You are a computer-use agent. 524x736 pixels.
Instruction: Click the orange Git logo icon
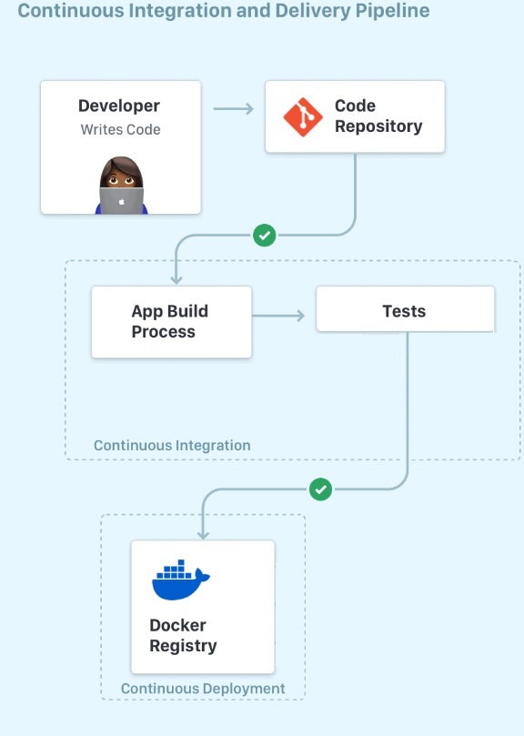click(x=303, y=116)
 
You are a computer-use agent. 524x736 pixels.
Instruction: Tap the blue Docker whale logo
click(x=181, y=580)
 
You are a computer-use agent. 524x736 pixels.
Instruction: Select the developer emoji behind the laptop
click(x=122, y=186)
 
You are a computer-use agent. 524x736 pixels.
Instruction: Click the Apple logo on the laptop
click(x=122, y=202)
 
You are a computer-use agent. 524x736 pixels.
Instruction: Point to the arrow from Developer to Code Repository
click(x=234, y=109)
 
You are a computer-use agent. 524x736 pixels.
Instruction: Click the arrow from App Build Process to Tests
click(x=278, y=316)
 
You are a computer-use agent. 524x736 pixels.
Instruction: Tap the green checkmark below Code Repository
click(x=265, y=235)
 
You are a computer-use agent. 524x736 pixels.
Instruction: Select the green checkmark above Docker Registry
click(x=321, y=489)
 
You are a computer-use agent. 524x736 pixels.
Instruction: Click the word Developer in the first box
click(x=119, y=106)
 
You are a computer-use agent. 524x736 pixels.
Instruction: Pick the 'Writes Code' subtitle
click(x=121, y=129)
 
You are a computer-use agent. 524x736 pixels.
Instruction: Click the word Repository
click(x=378, y=126)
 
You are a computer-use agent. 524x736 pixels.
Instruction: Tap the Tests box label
click(x=404, y=311)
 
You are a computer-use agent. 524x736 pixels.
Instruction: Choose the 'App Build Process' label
click(x=169, y=321)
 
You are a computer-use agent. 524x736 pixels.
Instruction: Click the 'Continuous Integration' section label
click(x=172, y=446)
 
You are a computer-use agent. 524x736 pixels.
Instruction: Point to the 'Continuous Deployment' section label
click(x=203, y=689)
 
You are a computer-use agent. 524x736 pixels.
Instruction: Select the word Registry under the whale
click(x=183, y=646)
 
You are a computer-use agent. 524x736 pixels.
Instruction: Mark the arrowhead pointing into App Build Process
click(x=176, y=279)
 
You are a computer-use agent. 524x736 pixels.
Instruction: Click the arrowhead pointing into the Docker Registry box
click(x=203, y=534)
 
